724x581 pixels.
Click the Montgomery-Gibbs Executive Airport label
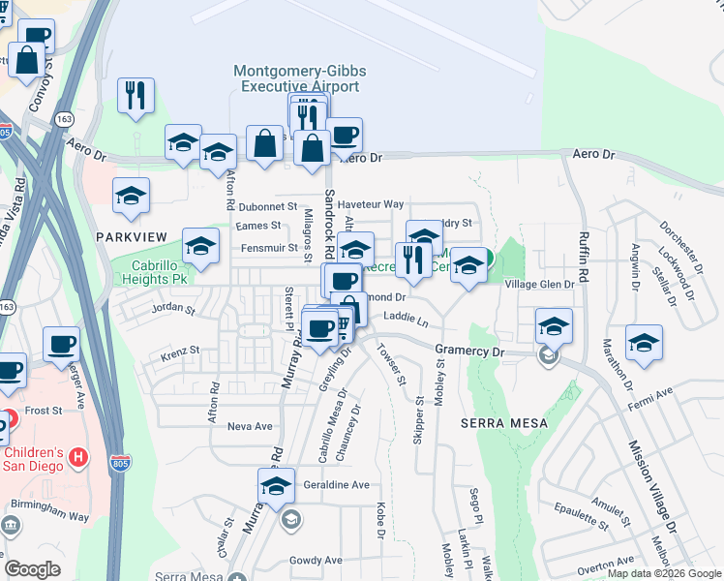(x=296, y=78)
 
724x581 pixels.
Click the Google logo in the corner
(x=32, y=569)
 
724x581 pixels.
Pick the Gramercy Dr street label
(x=469, y=352)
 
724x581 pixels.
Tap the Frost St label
(x=44, y=411)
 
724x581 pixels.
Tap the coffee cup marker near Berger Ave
(x=63, y=345)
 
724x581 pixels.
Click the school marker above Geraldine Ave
(x=276, y=485)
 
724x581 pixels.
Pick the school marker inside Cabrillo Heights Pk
(x=200, y=248)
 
